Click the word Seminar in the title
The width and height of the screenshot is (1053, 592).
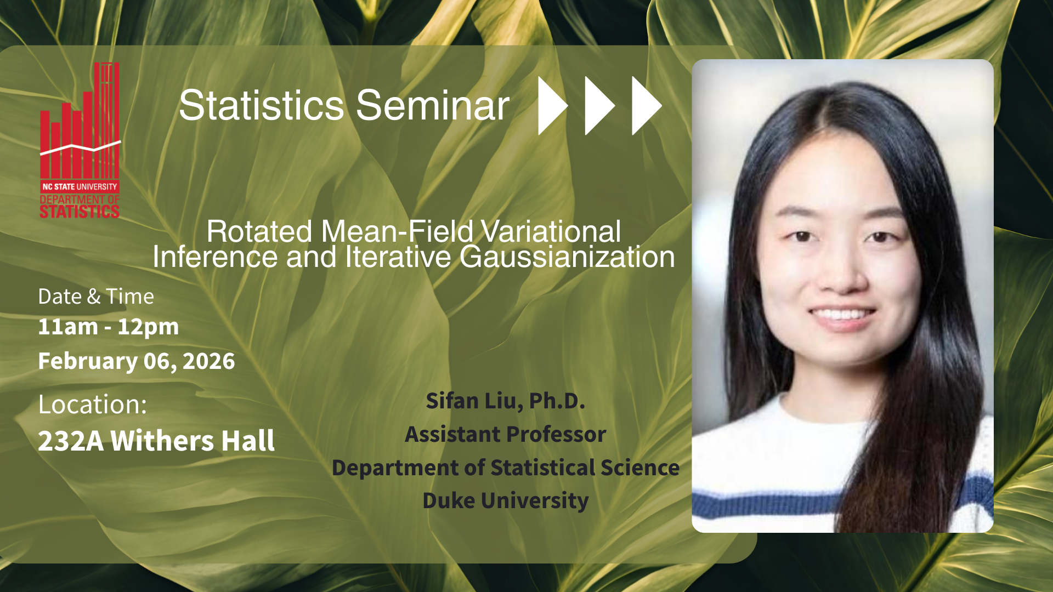(433, 105)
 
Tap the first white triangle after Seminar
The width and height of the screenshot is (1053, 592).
(552, 105)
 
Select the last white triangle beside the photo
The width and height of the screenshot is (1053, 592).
(647, 105)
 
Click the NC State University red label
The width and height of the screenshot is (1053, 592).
(80, 186)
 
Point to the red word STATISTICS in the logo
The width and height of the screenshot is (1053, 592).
(80, 212)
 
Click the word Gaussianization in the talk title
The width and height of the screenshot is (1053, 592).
(567, 257)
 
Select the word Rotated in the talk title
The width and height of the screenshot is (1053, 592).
(259, 231)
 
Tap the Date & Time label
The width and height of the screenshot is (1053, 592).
(96, 297)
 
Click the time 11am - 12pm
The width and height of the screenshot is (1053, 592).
(109, 327)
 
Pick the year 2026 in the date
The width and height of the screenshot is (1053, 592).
(208, 361)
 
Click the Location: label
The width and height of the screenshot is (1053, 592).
(93, 405)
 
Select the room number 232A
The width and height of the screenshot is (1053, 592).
(71, 441)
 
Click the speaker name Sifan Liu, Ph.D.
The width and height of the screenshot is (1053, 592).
(506, 401)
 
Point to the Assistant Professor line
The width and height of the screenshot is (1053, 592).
(506, 435)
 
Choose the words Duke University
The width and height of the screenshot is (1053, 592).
(506, 501)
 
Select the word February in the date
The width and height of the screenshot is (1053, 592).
(88, 361)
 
